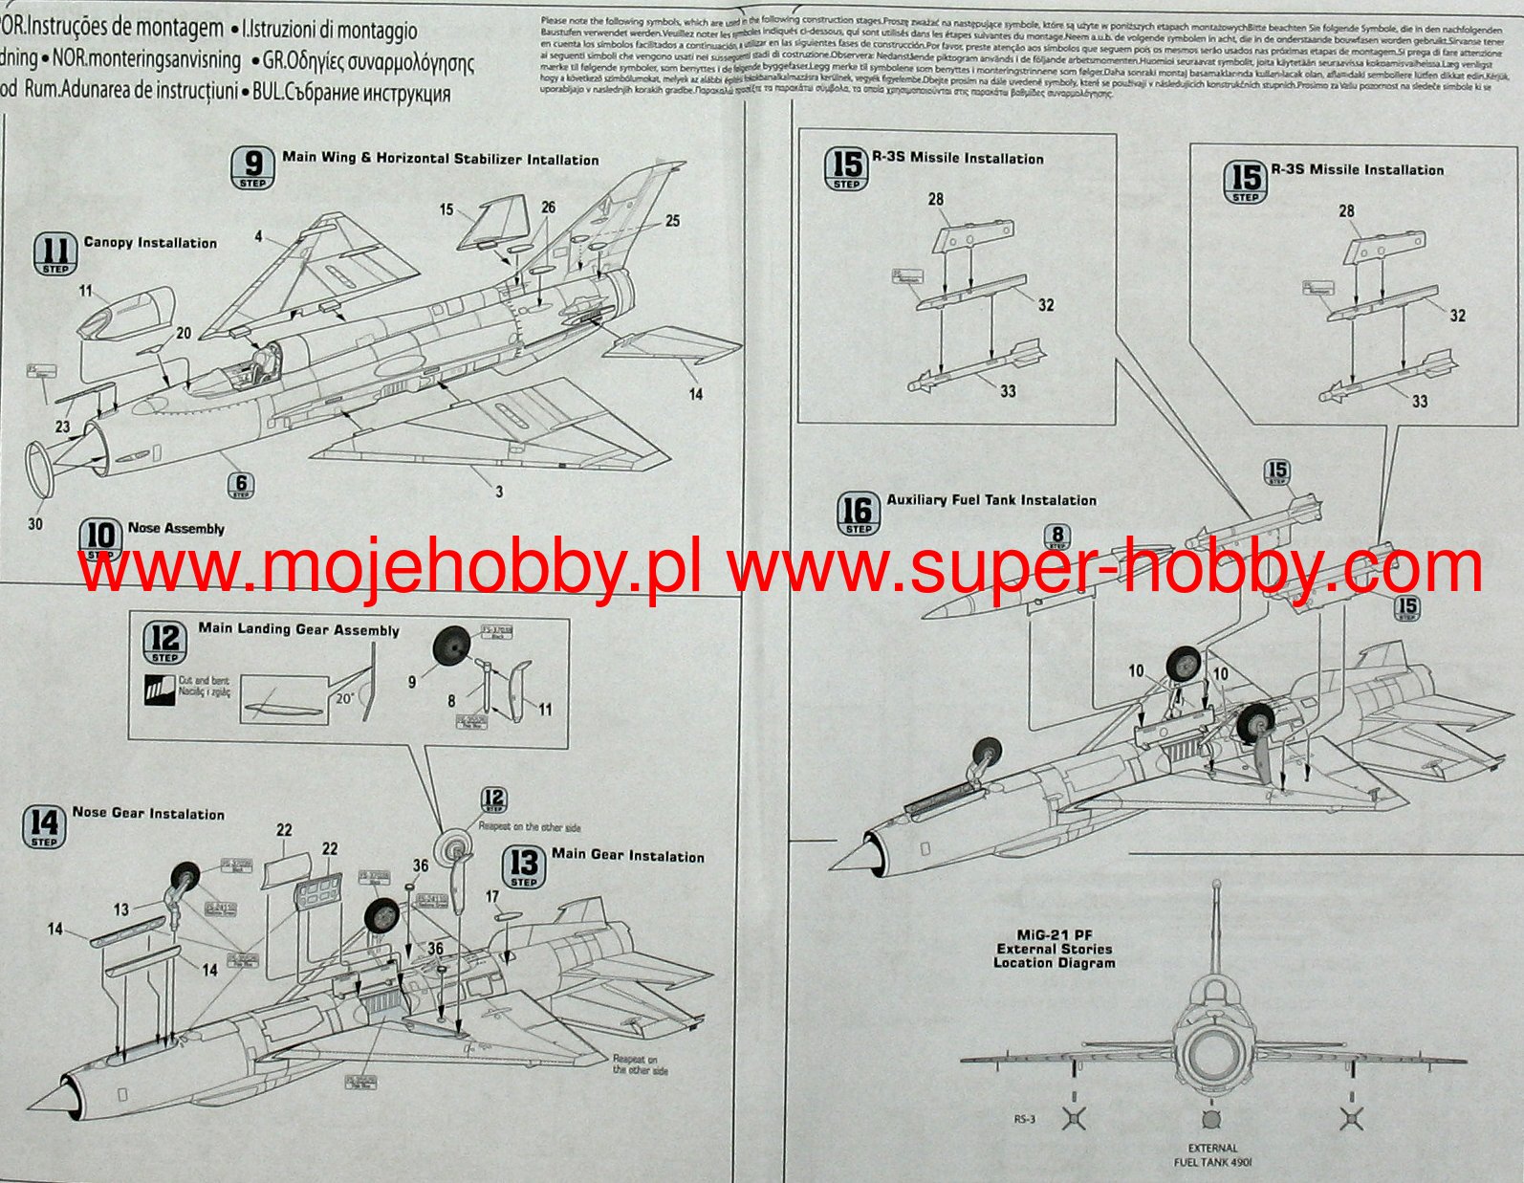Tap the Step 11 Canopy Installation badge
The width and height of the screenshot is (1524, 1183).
pos(55,253)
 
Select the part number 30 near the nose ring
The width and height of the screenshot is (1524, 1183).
pos(35,523)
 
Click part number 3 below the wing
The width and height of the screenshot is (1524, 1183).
pos(498,492)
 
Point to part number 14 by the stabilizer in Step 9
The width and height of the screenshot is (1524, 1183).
pos(695,393)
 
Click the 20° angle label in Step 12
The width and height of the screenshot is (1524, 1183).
pos(344,697)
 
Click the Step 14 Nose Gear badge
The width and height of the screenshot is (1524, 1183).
pos(44,826)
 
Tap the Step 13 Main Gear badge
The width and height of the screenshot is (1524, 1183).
pos(524,866)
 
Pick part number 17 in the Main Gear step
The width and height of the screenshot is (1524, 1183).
pos(492,896)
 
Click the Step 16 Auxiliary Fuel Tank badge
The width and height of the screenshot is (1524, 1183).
pos(858,513)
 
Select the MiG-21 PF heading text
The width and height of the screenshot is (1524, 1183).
pos(1054,933)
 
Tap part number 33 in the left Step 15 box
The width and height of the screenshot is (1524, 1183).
pos(1008,390)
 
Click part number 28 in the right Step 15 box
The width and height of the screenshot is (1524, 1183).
pos(1346,210)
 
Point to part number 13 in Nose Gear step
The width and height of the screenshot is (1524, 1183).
pos(120,909)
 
